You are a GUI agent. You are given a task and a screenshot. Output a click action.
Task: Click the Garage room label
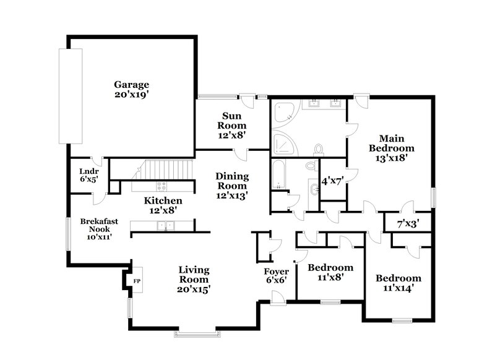click(x=131, y=90)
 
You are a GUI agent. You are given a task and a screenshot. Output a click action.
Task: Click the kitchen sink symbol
click(x=166, y=226)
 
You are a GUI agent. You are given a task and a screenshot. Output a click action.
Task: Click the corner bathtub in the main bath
click(x=283, y=113)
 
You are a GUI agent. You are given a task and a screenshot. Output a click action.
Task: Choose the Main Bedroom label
click(x=391, y=148)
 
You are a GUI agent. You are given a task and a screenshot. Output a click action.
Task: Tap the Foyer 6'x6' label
click(x=276, y=276)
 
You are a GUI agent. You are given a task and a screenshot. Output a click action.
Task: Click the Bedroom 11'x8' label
click(x=330, y=272)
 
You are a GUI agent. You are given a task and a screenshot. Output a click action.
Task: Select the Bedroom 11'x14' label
click(x=398, y=283)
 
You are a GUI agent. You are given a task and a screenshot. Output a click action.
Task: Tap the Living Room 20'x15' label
click(x=194, y=279)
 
